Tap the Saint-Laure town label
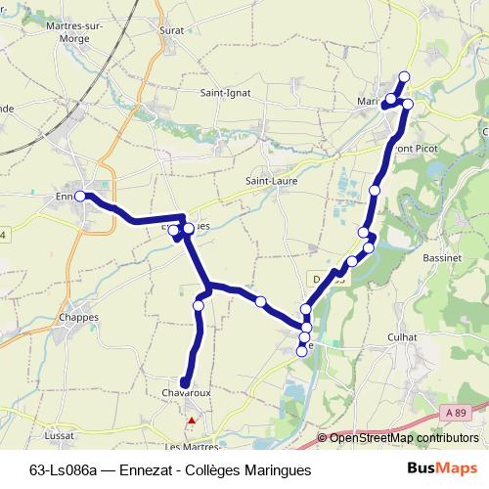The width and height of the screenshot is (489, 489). (271, 181)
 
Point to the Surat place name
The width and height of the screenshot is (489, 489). (170, 30)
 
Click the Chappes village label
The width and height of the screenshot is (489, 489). (78, 318)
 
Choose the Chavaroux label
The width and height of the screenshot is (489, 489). (181, 392)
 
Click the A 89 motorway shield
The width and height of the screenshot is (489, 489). (453, 413)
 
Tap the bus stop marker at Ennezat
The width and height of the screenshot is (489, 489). (81, 197)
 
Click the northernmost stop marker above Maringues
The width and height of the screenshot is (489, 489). (404, 77)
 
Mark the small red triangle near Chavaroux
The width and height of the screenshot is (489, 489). (192, 422)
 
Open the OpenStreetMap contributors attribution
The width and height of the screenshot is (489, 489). (404, 437)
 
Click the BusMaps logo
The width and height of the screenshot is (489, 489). (443, 468)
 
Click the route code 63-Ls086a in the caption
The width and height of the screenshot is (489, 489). (63, 469)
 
